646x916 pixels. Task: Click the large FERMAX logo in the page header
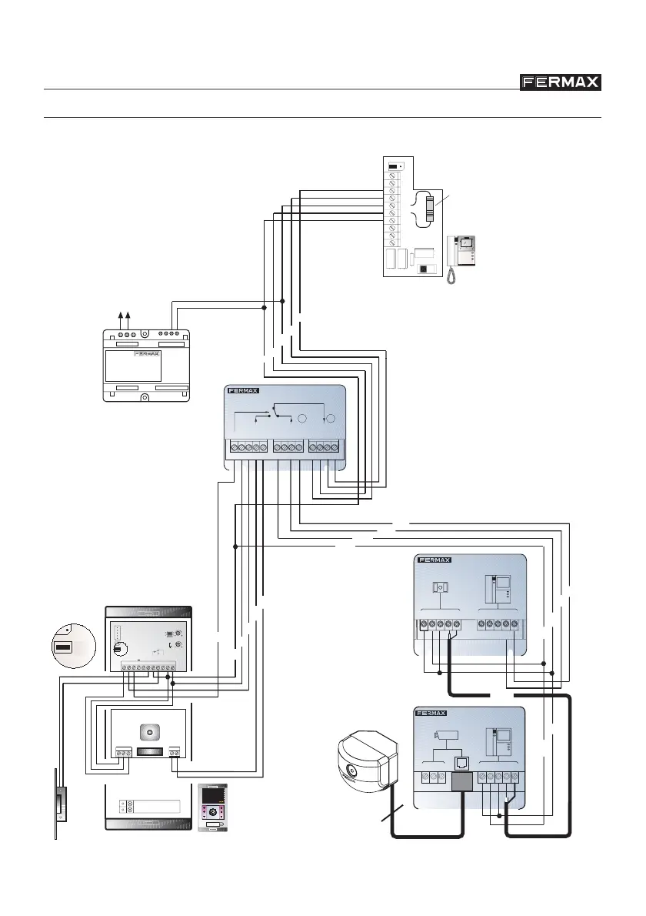point(561,82)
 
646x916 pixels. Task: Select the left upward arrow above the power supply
point(118,316)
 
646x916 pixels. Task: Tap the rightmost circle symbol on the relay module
point(331,420)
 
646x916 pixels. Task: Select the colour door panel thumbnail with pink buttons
point(213,807)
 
